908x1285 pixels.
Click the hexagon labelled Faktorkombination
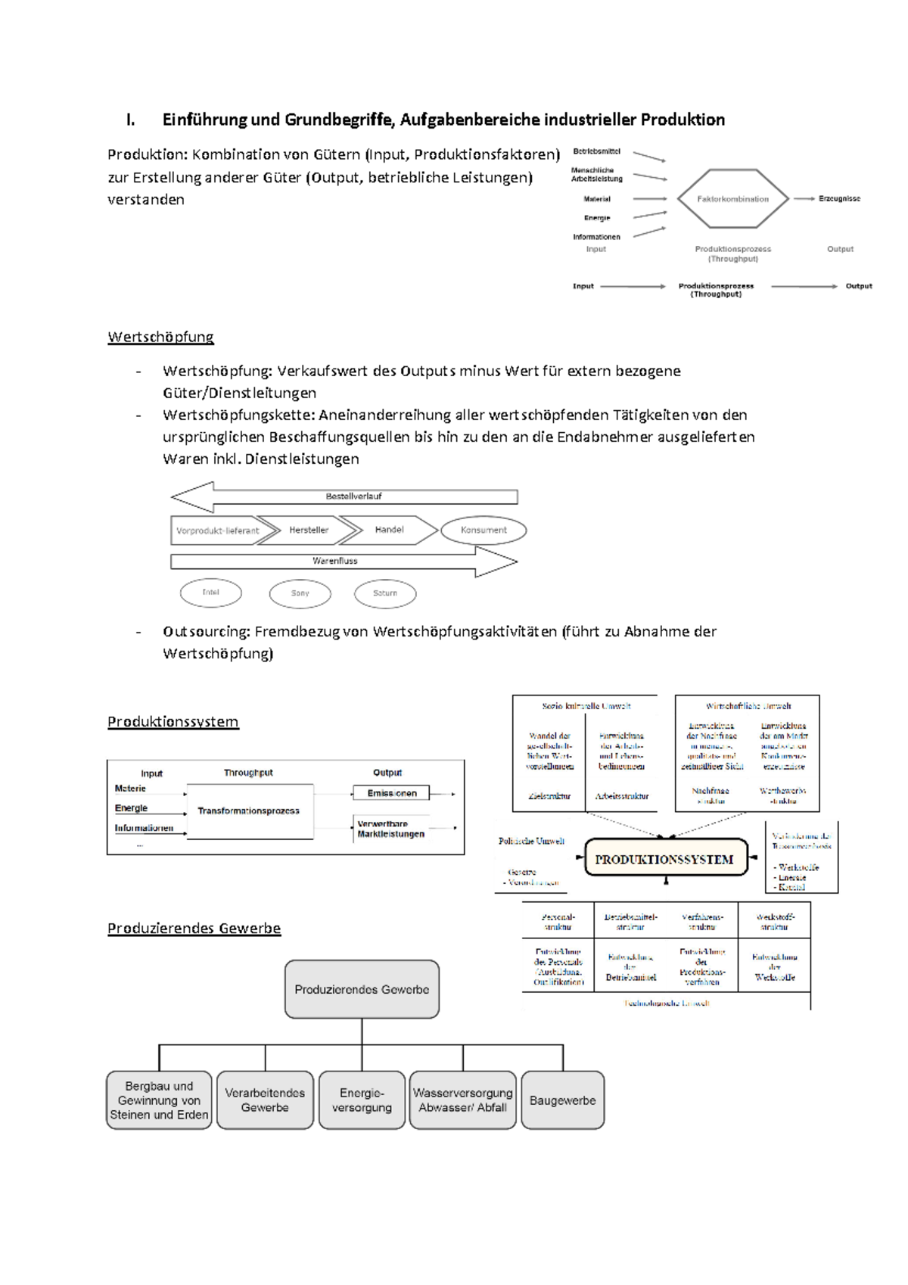point(732,199)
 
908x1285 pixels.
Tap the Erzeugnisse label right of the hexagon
point(839,199)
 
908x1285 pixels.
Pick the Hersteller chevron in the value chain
point(309,530)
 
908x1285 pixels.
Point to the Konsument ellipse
point(484,530)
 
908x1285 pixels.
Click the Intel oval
point(210,593)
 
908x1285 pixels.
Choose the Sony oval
point(300,593)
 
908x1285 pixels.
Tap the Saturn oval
point(385,593)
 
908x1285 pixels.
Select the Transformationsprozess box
point(249,811)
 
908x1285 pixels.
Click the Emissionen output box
point(391,793)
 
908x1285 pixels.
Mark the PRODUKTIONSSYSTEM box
point(664,860)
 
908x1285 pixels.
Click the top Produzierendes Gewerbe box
point(362,990)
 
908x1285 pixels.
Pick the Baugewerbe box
point(562,1100)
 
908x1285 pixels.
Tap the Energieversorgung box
point(362,1100)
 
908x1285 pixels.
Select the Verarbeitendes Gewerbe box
point(265,1100)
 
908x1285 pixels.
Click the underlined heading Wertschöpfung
point(160,337)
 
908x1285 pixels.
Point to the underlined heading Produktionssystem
point(173,722)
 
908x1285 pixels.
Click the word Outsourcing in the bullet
point(206,632)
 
